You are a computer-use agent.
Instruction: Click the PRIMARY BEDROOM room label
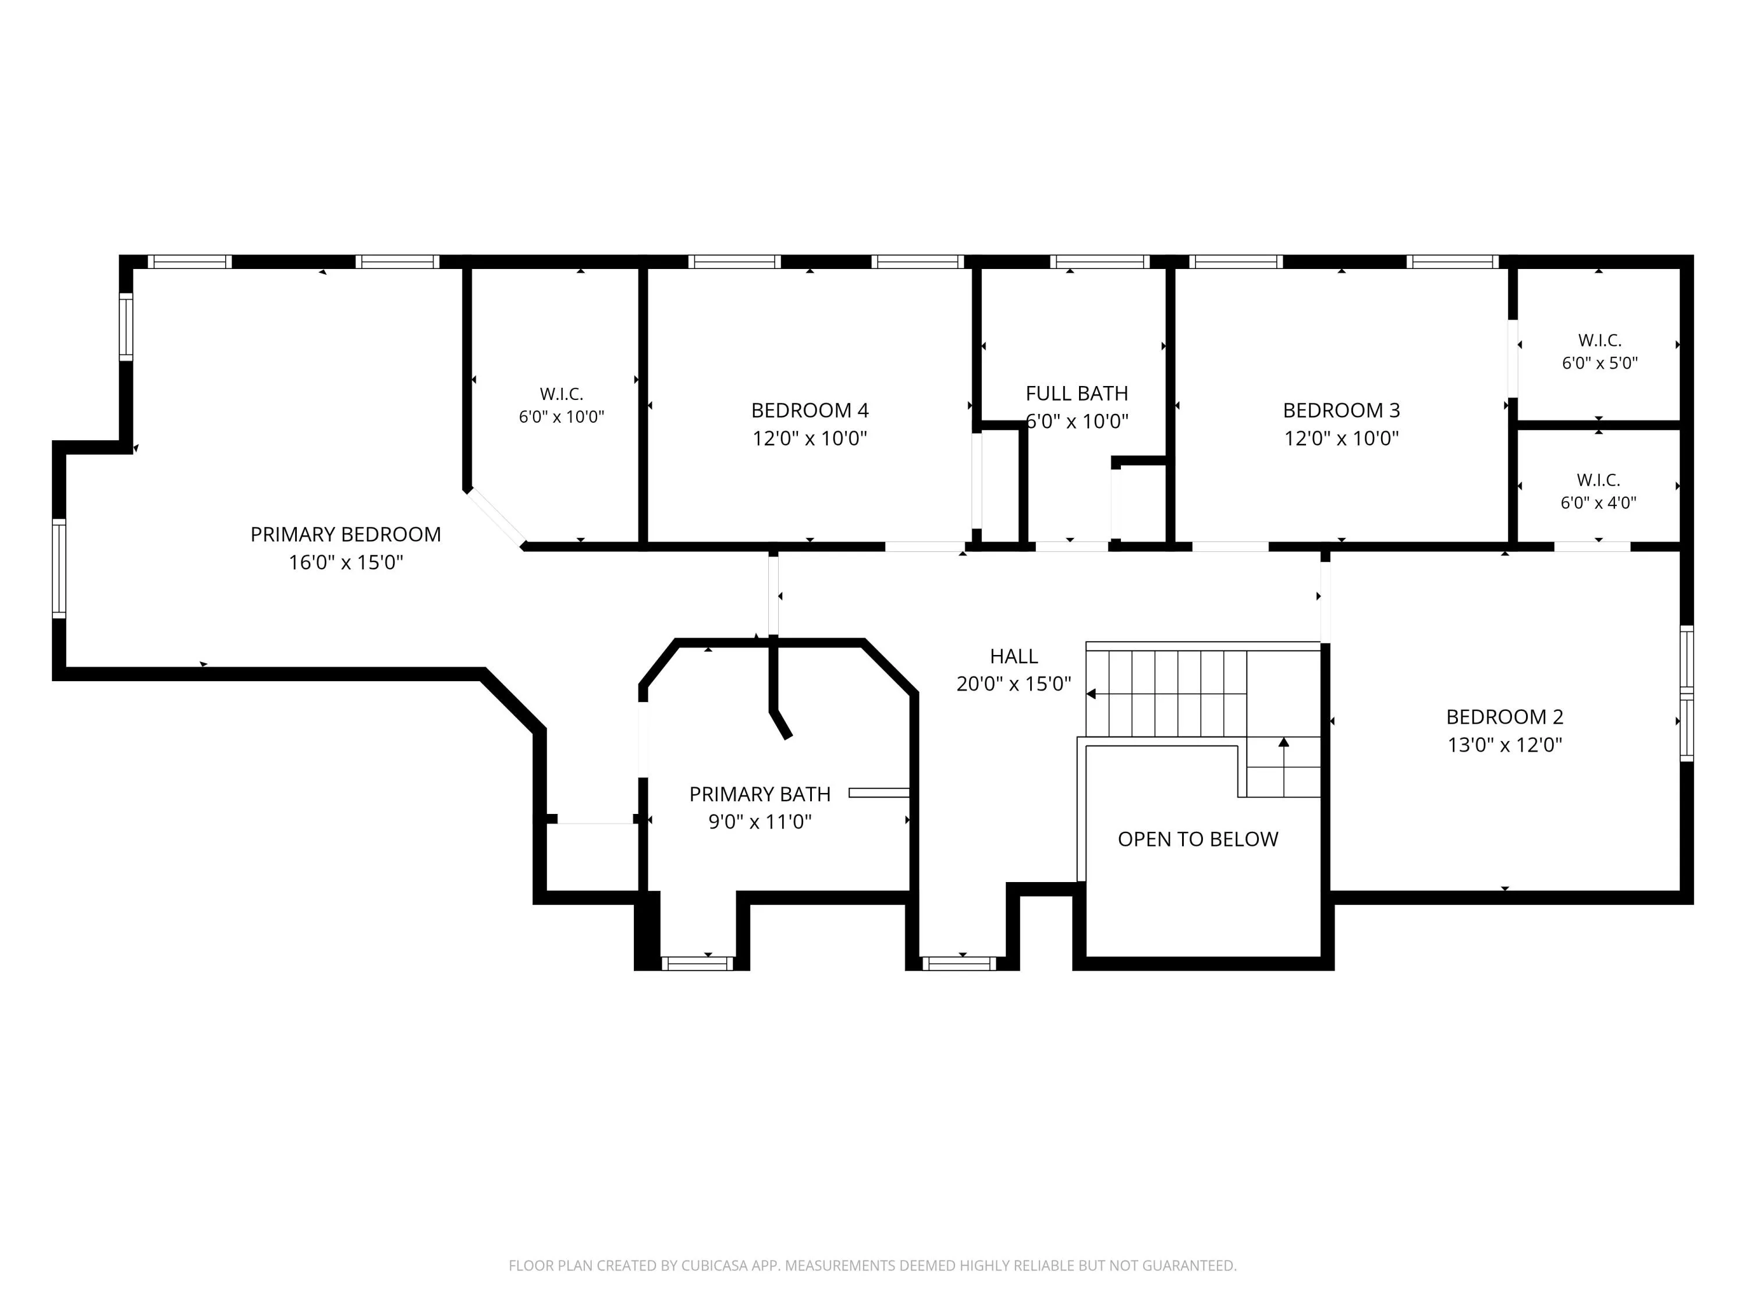click(346, 534)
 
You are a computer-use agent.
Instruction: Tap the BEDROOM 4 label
click(810, 410)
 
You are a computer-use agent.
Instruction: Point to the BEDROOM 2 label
click(1504, 717)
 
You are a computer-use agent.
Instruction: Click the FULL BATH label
click(1077, 393)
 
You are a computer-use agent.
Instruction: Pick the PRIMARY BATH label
click(760, 794)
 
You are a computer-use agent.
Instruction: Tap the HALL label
click(1013, 656)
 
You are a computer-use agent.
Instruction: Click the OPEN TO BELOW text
click(1197, 840)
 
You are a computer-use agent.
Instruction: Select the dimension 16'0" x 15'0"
click(346, 562)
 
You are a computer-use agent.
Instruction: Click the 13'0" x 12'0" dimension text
click(1504, 745)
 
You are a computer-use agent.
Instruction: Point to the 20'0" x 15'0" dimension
click(1013, 684)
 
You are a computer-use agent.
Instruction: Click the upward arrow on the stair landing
click(1283, 767)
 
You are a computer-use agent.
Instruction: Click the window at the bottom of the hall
click(959, 964)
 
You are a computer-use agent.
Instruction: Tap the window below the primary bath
click(697, 964)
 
